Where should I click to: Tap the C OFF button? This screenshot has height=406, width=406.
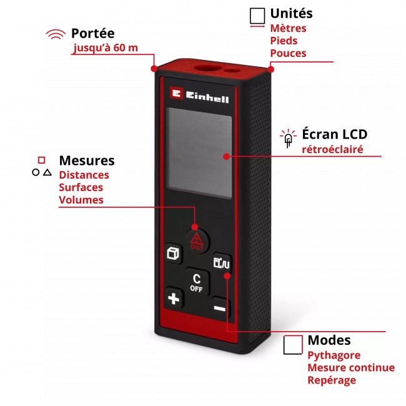[x=197, y=282]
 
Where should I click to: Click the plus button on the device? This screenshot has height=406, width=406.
[x=174, y=298]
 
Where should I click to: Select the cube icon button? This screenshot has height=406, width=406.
[x=173, y=253]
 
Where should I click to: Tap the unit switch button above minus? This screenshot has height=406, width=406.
[x=221, y=263]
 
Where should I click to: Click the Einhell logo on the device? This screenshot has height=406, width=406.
[x=199, y=95]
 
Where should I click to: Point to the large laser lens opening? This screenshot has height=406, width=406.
[x=207, y=68]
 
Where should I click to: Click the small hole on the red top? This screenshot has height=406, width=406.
[x=232, y=71]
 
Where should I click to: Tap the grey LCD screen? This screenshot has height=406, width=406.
[x=199, y=153]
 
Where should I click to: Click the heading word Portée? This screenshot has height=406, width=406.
[x=92, y=33]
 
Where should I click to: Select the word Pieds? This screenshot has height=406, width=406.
[x=284, y=41]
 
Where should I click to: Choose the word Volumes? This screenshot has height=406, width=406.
[x=81, y=200]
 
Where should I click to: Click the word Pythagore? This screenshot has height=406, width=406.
[x=334, y=355]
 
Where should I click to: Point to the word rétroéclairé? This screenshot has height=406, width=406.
[x=332, y=149]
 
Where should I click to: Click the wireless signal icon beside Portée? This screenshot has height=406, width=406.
[x=56, y=34]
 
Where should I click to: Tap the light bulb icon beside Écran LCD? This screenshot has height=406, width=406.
[x=288, y=138]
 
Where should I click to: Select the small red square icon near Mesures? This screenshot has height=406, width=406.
[x=41, y=160]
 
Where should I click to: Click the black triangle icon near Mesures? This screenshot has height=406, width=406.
[x=47, y=172]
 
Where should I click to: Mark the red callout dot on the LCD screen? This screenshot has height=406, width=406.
[x=227, y=156]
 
